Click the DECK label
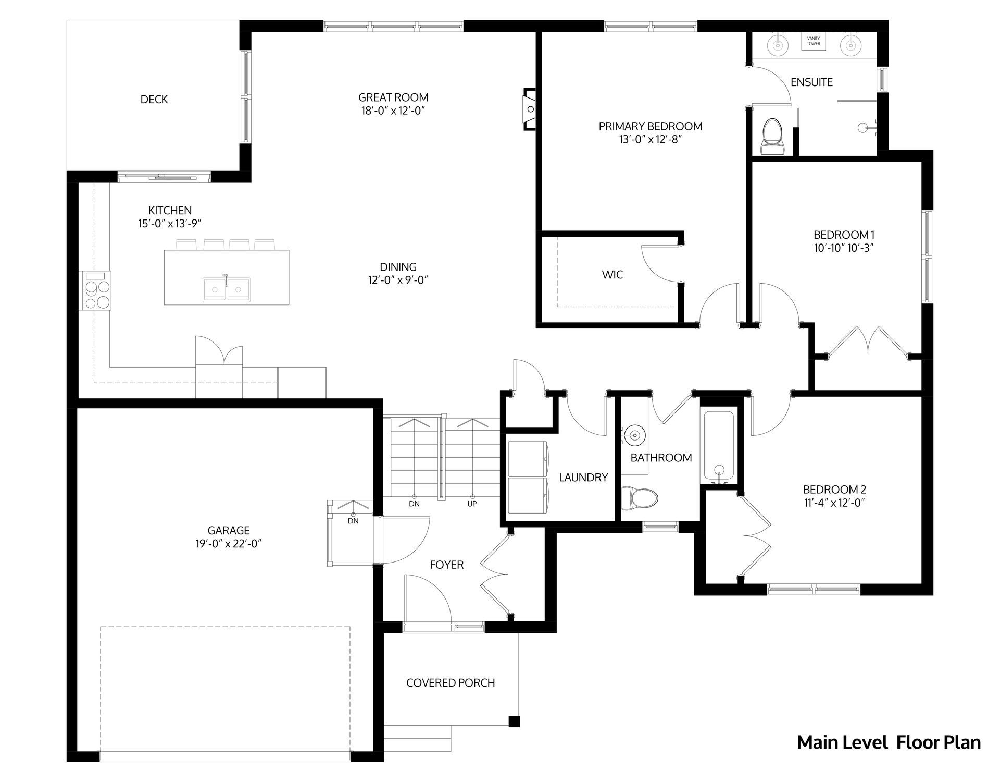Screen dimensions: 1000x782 (x=154, y=99)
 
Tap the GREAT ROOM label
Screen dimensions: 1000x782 (x=393, y=97)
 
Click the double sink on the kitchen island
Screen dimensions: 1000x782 (x=227, y=288)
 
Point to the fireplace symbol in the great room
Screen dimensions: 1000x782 (x=530, y=109)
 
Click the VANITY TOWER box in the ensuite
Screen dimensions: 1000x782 (x=814, y=41)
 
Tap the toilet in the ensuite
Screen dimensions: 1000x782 (x=772, y=137)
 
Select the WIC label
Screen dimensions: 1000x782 (x=612, y=275)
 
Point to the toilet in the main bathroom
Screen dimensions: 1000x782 (x=640, y=498)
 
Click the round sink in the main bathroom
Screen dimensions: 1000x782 (x=635, y=434)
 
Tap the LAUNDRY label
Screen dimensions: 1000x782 (x=583, y=477)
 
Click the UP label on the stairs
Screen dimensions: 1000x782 (x=472, y=504)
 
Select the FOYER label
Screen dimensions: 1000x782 (x=446, y=565)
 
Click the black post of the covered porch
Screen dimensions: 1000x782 (x=514, y=722)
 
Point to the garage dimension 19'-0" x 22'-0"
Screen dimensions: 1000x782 (x=229, y=544)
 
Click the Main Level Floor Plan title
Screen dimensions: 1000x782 (x=889, y=742)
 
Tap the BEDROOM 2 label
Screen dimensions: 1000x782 (x=834, y=490)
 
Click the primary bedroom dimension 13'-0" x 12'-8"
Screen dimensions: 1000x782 (x=651, y=139)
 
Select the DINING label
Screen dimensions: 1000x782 (x=398, y=267)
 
